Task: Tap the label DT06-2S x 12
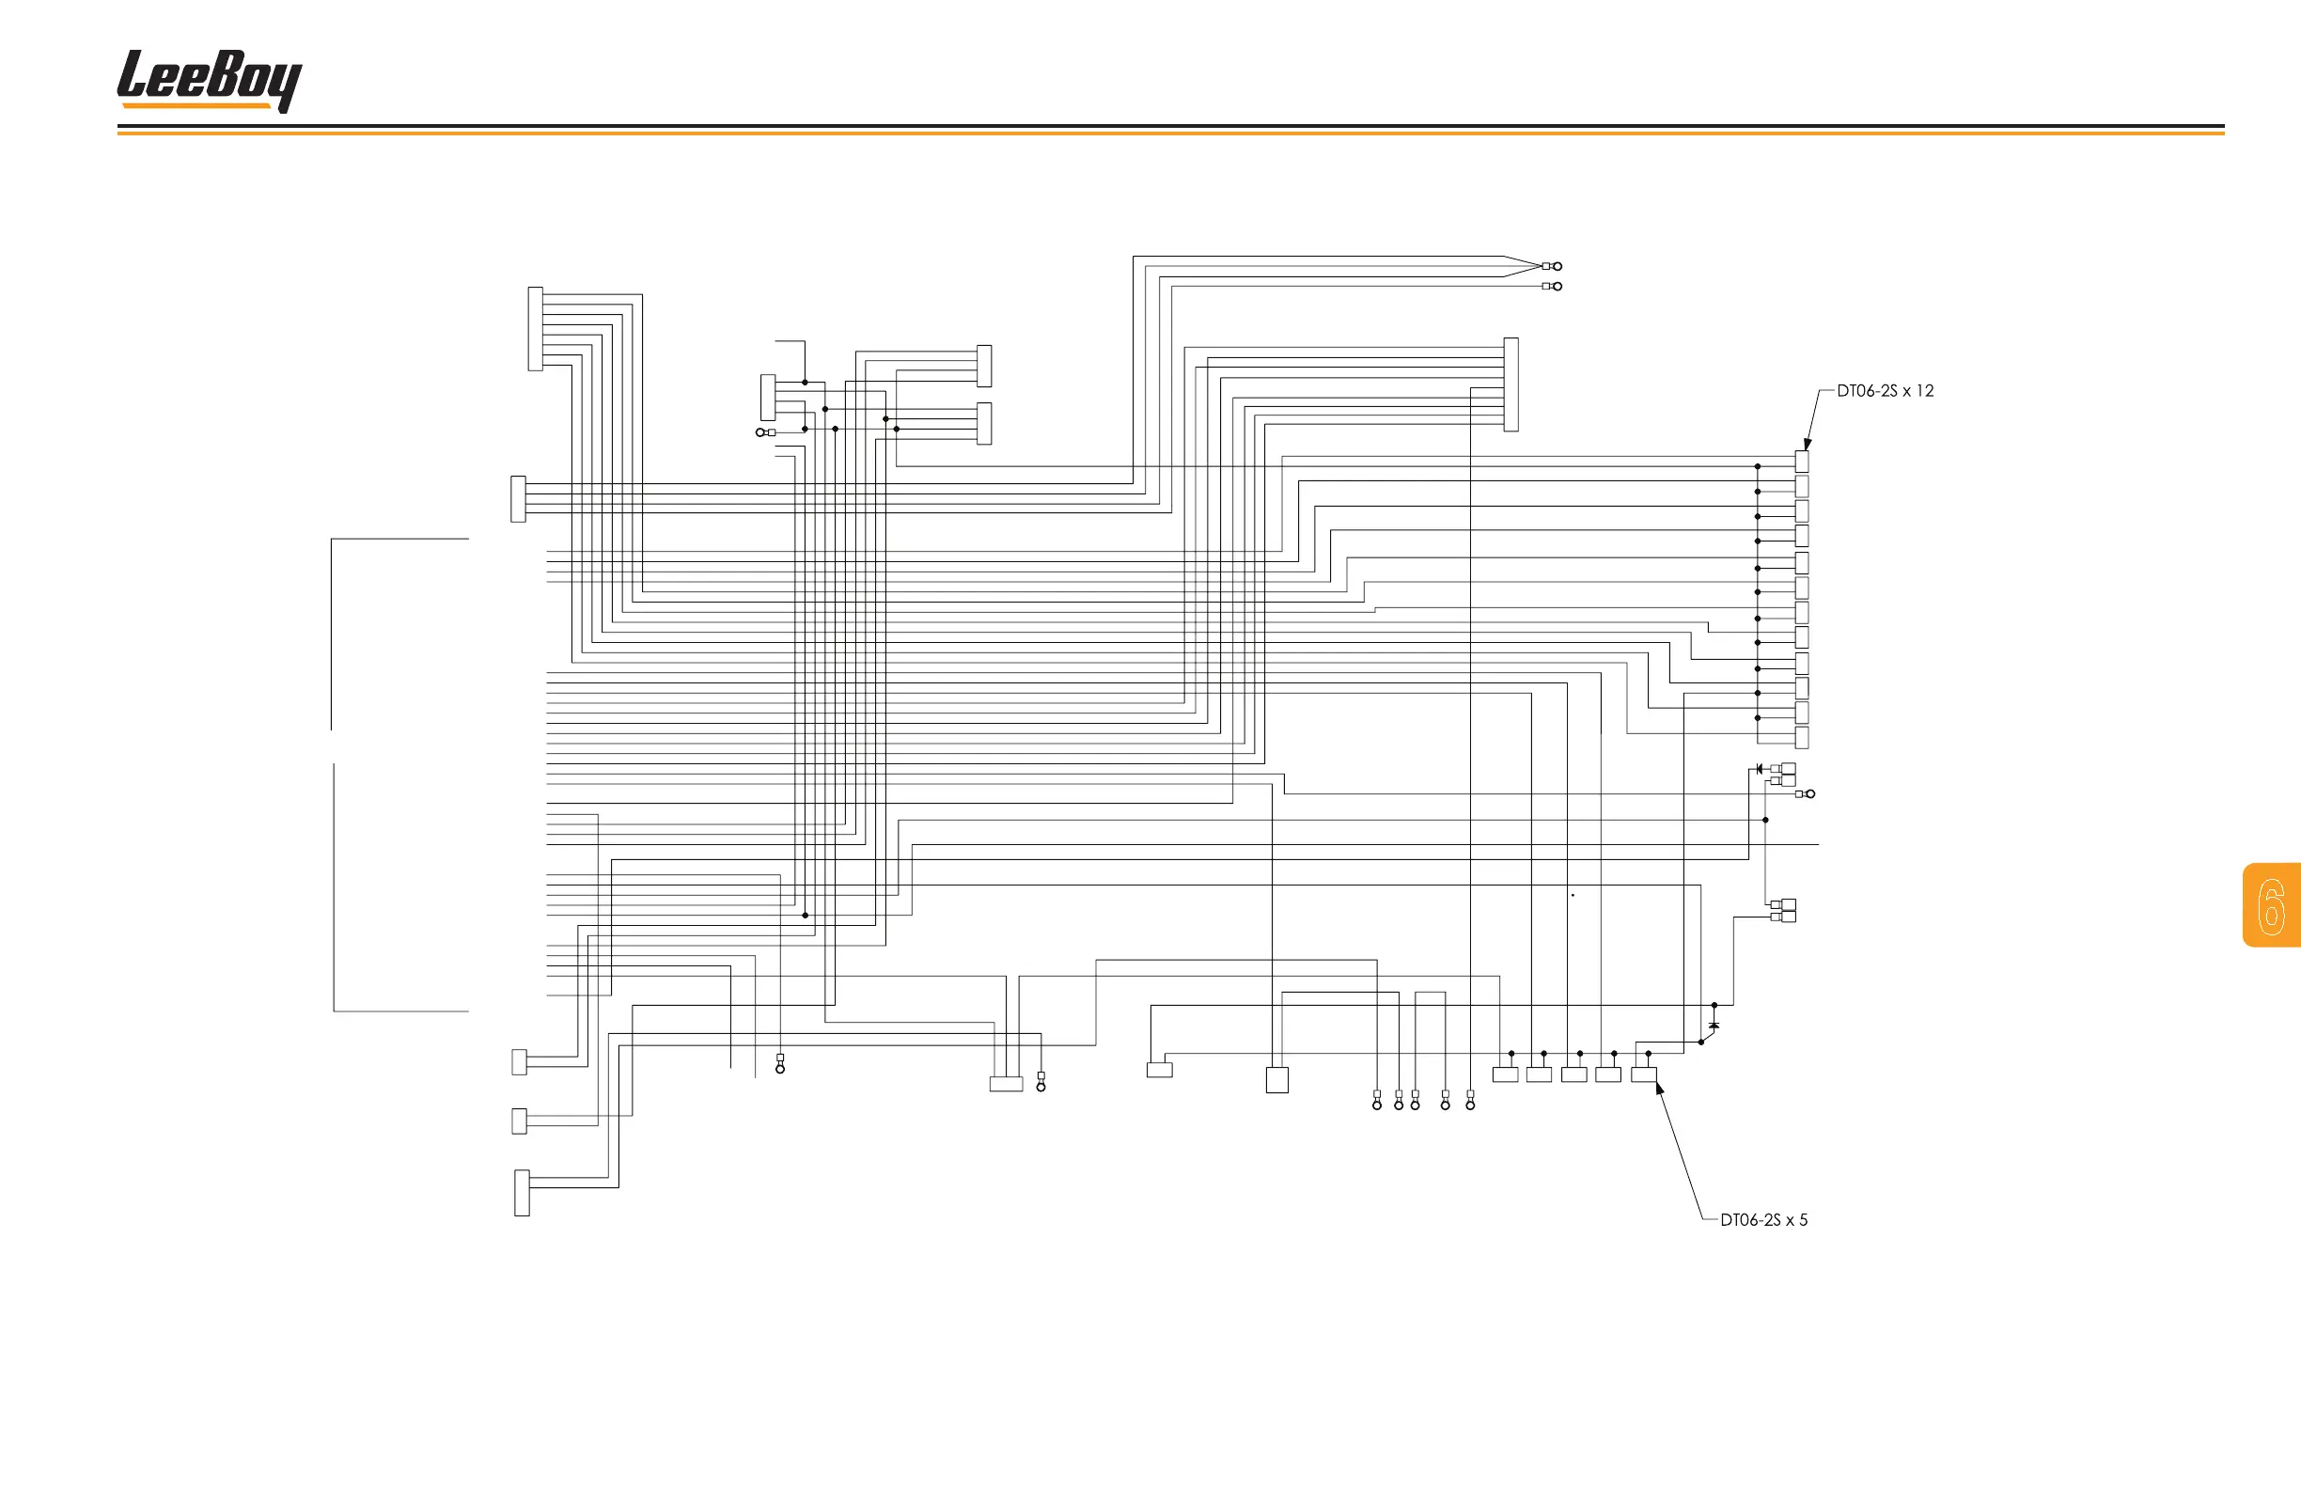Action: click(1885, 391)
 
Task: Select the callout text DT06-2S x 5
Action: click(1763, 1220)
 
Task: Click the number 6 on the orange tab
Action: click(2271, 906)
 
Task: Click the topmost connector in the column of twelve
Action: click(1801, 462)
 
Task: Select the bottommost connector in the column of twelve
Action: click(1801, 738)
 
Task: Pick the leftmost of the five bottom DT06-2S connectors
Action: click(1505, 1074)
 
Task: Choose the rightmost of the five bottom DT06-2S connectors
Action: click(1644, 1074)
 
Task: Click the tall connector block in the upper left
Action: click(536, 329)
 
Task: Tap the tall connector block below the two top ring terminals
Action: click(1511, 384)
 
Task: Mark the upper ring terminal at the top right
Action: click(1557, 266)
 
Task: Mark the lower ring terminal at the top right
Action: click(1557, 286)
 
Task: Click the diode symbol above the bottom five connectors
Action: click(1714, 1025)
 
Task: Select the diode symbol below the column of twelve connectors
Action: click(1759, 769)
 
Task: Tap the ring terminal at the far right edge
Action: click(1809, 793)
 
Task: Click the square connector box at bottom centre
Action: click(1277, 1080)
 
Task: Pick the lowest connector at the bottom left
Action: click(522, 1192)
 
